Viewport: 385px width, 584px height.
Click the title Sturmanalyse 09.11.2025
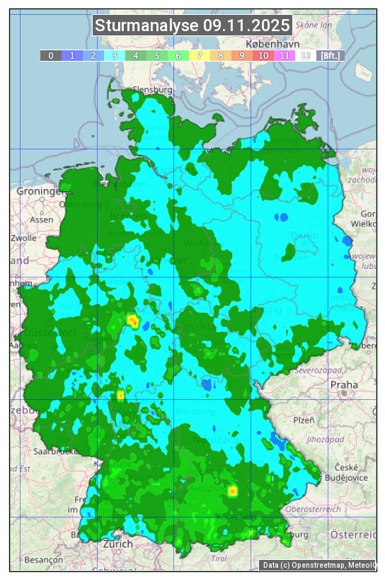[x=192, y=25]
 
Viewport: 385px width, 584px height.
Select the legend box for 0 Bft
[x=51, y=55]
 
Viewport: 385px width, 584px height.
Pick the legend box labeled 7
[x=200, y=55]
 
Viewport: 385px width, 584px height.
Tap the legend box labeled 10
[x=263, y=55]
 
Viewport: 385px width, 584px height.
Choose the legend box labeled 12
[x=306, y=55]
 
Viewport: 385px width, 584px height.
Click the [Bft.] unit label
[x=330, y=55]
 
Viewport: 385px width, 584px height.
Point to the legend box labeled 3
[x=115, y=55]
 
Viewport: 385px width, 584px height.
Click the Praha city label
[x=344, y=384]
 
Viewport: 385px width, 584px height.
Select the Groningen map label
[x=40, y=191]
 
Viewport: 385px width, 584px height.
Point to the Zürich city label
[x=117, y=544]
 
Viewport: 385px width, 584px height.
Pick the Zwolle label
[x=23, y=238]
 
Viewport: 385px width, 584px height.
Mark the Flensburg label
[x=153, y=90]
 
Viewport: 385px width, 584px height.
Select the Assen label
[x=42, y=219]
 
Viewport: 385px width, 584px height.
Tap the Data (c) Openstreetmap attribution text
[x=318, y=565]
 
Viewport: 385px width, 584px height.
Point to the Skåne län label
[x=314, y=24]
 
